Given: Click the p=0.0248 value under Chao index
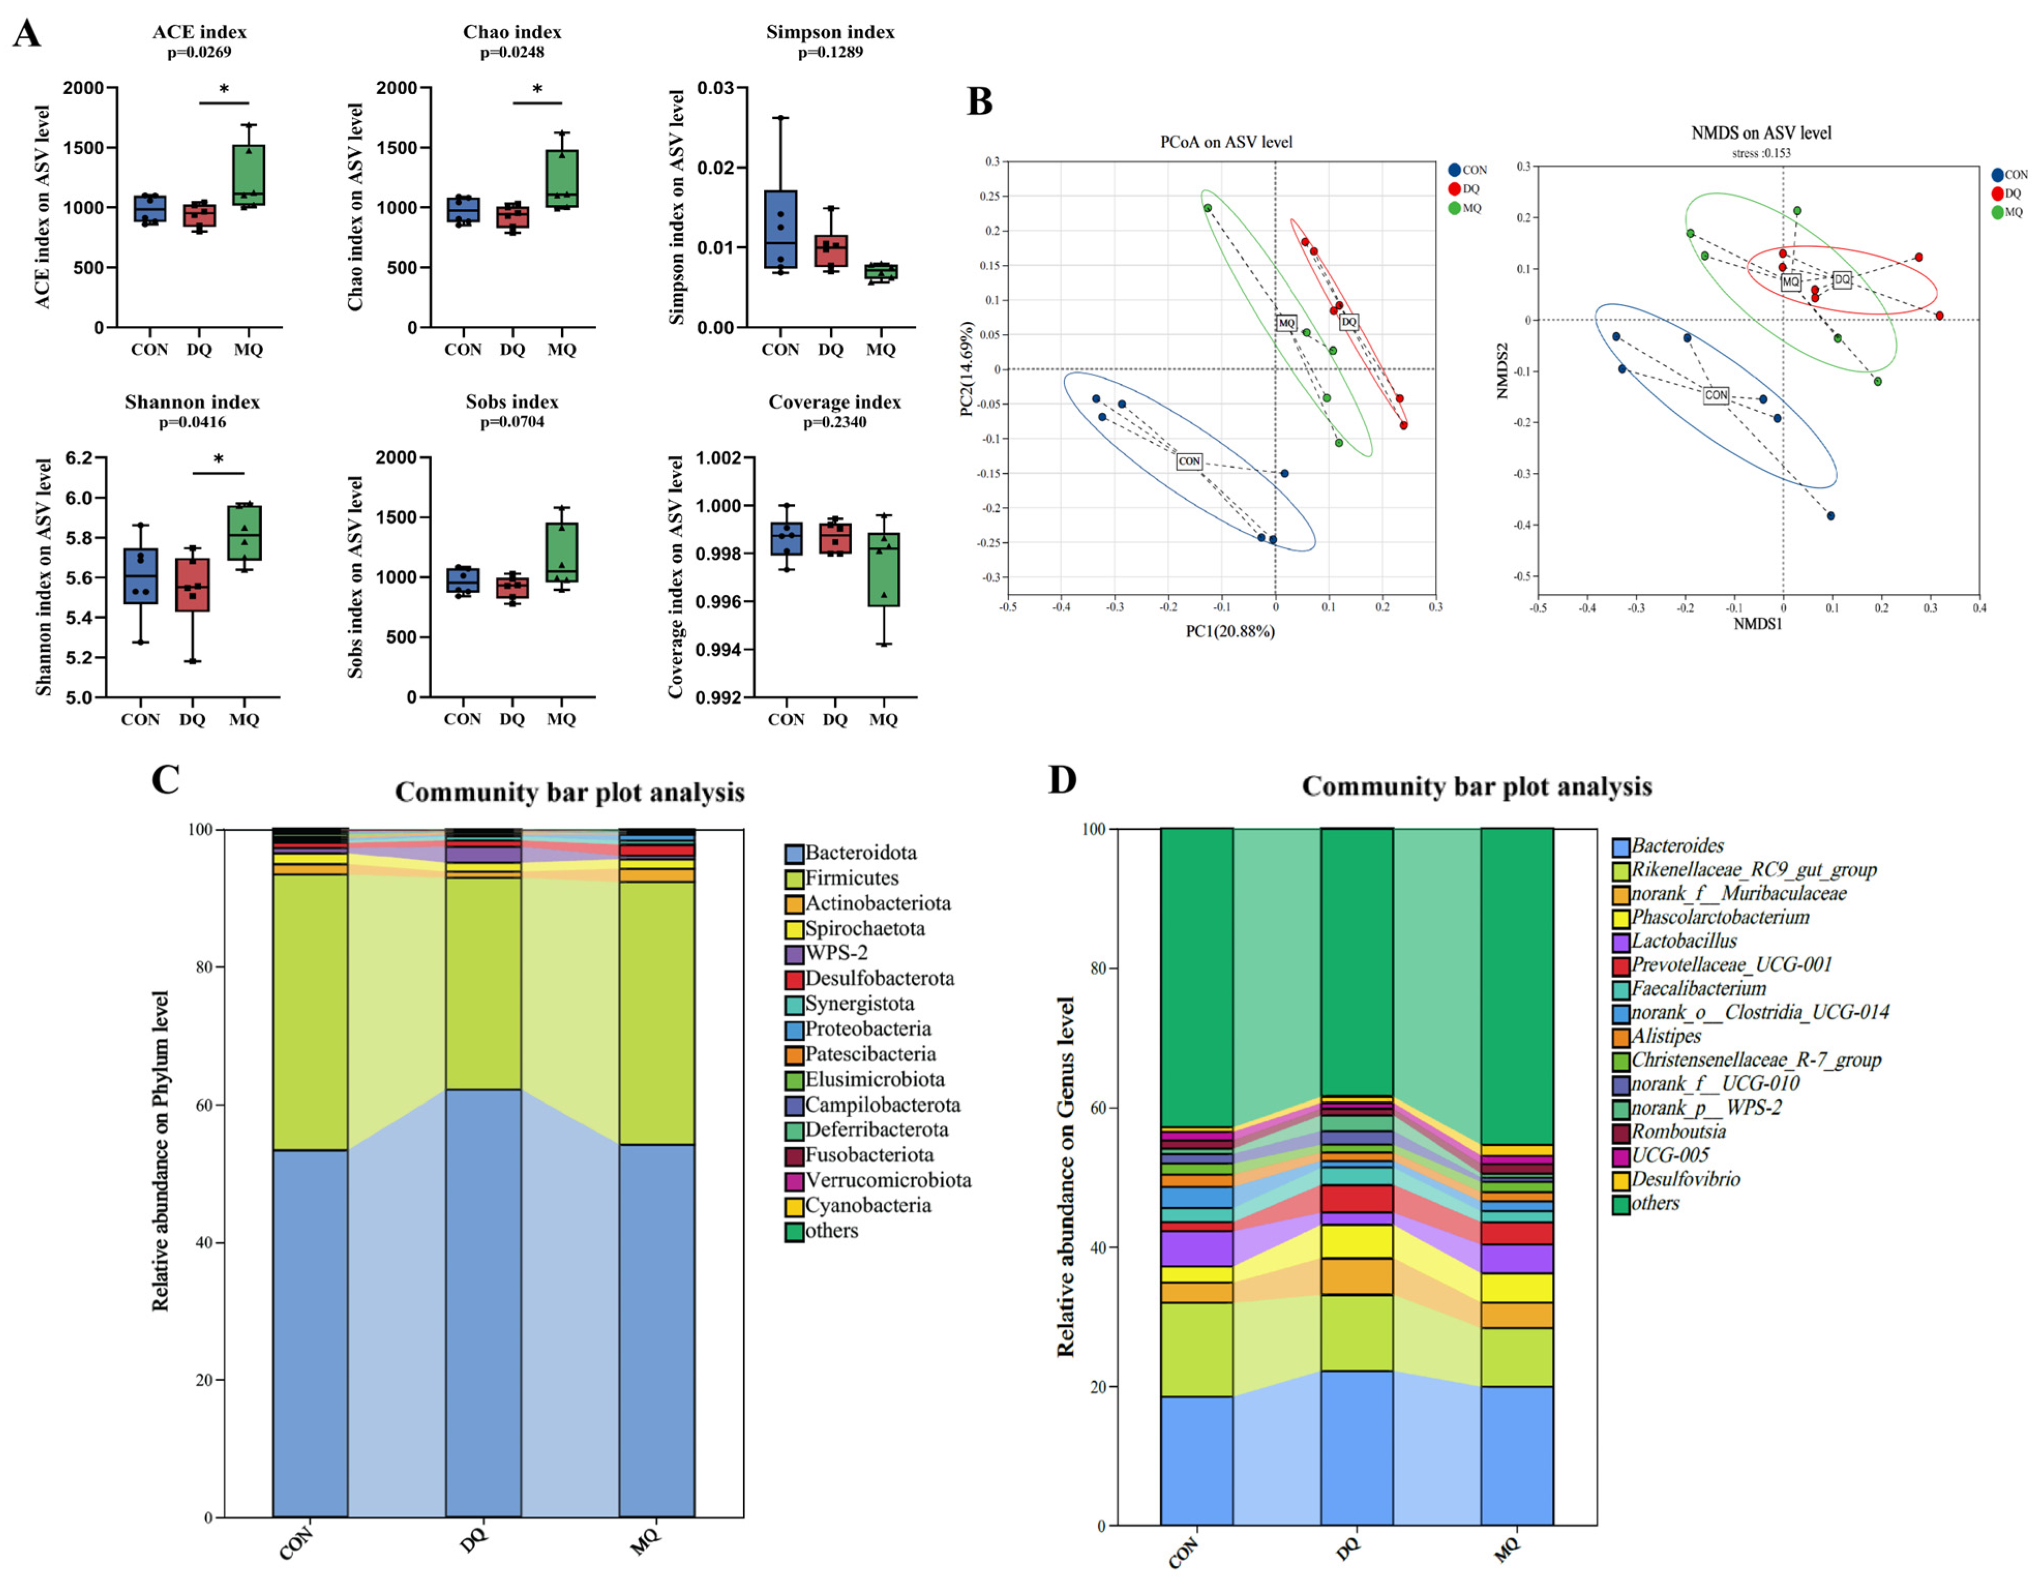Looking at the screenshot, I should tap(512, 52).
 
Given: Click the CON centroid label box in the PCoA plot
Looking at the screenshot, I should tap(1189, 461).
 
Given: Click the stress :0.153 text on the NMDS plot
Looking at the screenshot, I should tap(1761, 153).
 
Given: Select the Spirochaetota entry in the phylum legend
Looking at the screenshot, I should tap(865, 929).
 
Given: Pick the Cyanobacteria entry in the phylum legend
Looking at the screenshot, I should tap(867, 1205).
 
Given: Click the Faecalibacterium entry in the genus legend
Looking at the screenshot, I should tap(1697, 988).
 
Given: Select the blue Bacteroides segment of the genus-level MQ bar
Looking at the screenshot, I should tap(1517, 1456).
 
